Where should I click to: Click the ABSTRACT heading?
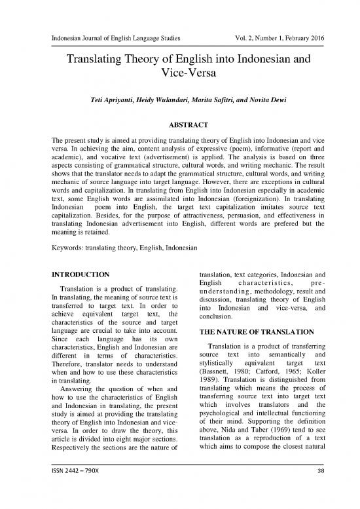coord(179,124)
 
